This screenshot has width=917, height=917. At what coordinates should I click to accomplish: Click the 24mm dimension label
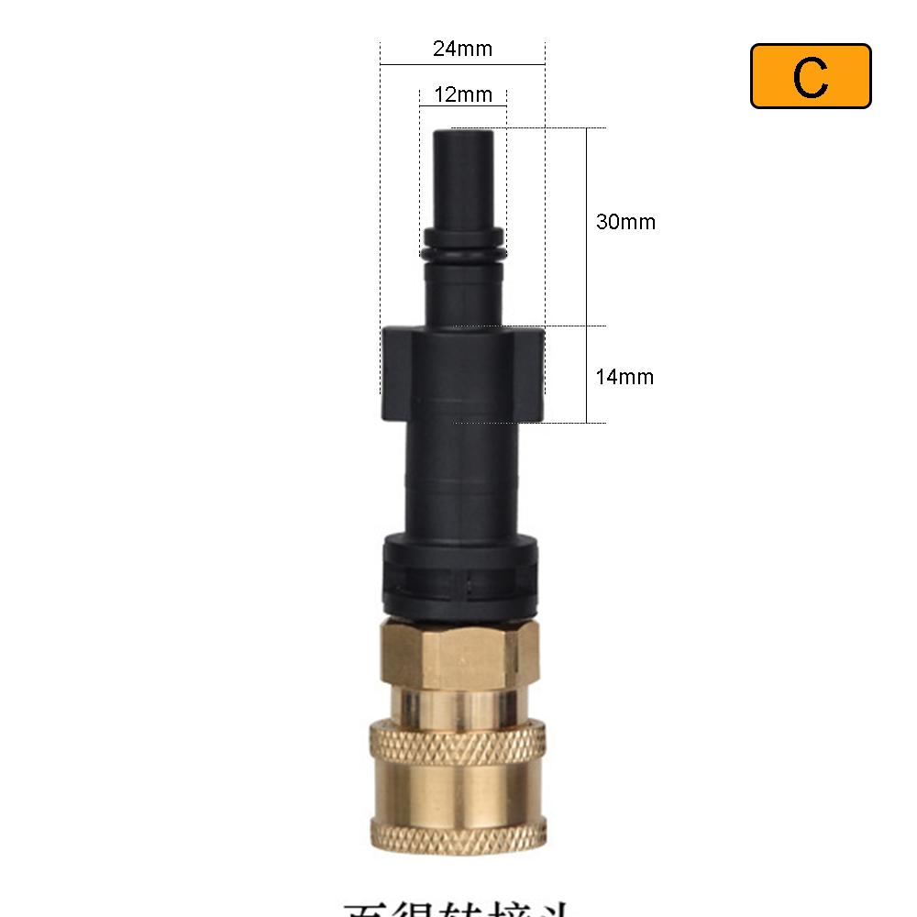point(462,49)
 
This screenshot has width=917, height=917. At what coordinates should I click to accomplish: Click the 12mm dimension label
point(462,94)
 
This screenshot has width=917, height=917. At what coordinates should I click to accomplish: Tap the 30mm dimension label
point(625,222)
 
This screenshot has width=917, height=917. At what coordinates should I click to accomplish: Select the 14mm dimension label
point(624,376)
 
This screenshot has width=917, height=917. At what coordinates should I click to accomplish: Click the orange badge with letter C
point(811,76)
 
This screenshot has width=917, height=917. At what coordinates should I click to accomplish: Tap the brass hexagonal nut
point(460,651)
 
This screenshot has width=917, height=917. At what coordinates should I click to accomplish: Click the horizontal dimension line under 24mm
point(462,65)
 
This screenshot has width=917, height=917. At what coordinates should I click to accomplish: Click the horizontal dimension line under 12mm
point(462,107)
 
